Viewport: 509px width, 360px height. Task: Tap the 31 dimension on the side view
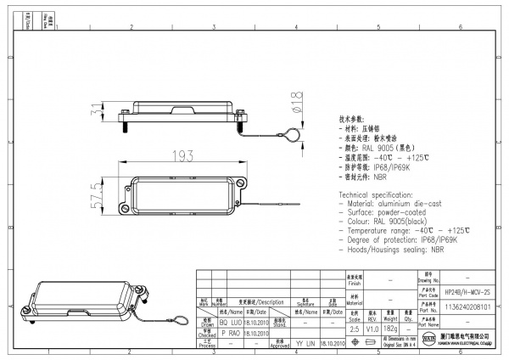click(98, 111)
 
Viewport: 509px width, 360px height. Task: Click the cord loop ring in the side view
click(291, 132)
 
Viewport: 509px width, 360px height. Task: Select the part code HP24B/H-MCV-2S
click(461, 290)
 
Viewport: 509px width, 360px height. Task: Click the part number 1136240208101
click(461, 307)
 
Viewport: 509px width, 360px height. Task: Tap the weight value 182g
click(392, 327)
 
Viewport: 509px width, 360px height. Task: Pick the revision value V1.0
click(372, 327)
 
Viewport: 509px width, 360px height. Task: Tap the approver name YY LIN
click(305, 346)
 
